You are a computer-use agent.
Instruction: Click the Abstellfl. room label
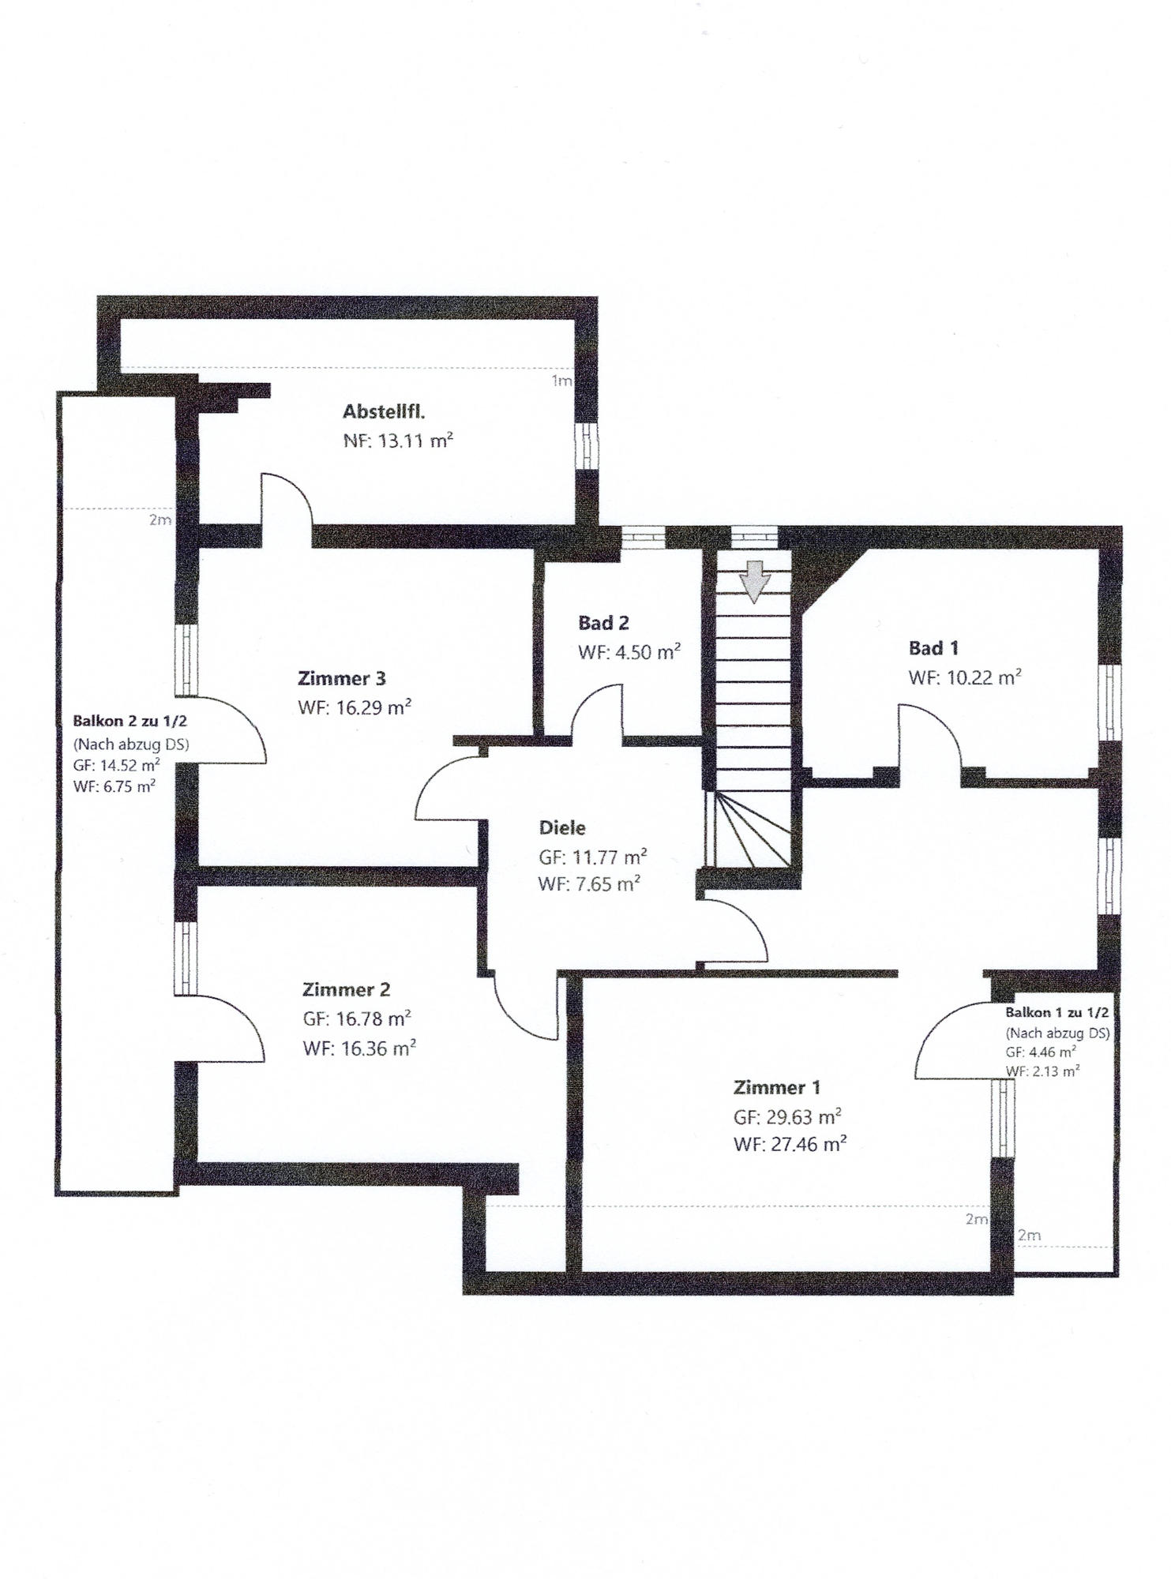click(x=384, y=411)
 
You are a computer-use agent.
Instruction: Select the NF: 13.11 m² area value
click(x=398, y=441)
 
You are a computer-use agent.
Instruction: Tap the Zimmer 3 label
click(x=342, y=678)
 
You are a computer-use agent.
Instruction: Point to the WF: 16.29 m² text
click(x=355, y=707)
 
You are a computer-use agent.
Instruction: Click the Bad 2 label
click(x=603, y=623)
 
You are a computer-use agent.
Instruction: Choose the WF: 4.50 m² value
click(x=629, y=652)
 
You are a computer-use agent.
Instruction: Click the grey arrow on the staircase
click(x=754, y=581)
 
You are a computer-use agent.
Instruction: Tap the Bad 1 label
click(x=933, y=648)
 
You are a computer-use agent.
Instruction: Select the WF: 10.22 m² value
click(x=965, y=677)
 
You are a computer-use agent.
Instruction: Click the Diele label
click(x=562, y=827)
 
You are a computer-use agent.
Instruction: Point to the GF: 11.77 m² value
click(x=593, y=857)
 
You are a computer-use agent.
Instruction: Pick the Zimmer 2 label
click(x=346, y=989)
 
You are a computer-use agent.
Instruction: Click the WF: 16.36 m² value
click(x=359, y=1048)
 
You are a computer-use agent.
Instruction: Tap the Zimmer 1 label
click(x=777, y=1087)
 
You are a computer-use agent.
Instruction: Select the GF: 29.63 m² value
click(x=787, y=1117)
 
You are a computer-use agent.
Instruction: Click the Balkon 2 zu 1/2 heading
click(x=129, y=721)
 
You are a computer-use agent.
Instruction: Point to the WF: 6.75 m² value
click(x=114, y=786)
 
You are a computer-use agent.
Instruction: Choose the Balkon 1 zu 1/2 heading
click(x=1057, y=1012)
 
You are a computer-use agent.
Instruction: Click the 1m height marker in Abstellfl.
click(x=561, y=381)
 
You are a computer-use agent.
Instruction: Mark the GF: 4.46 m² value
click(x=1041, y=1052)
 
